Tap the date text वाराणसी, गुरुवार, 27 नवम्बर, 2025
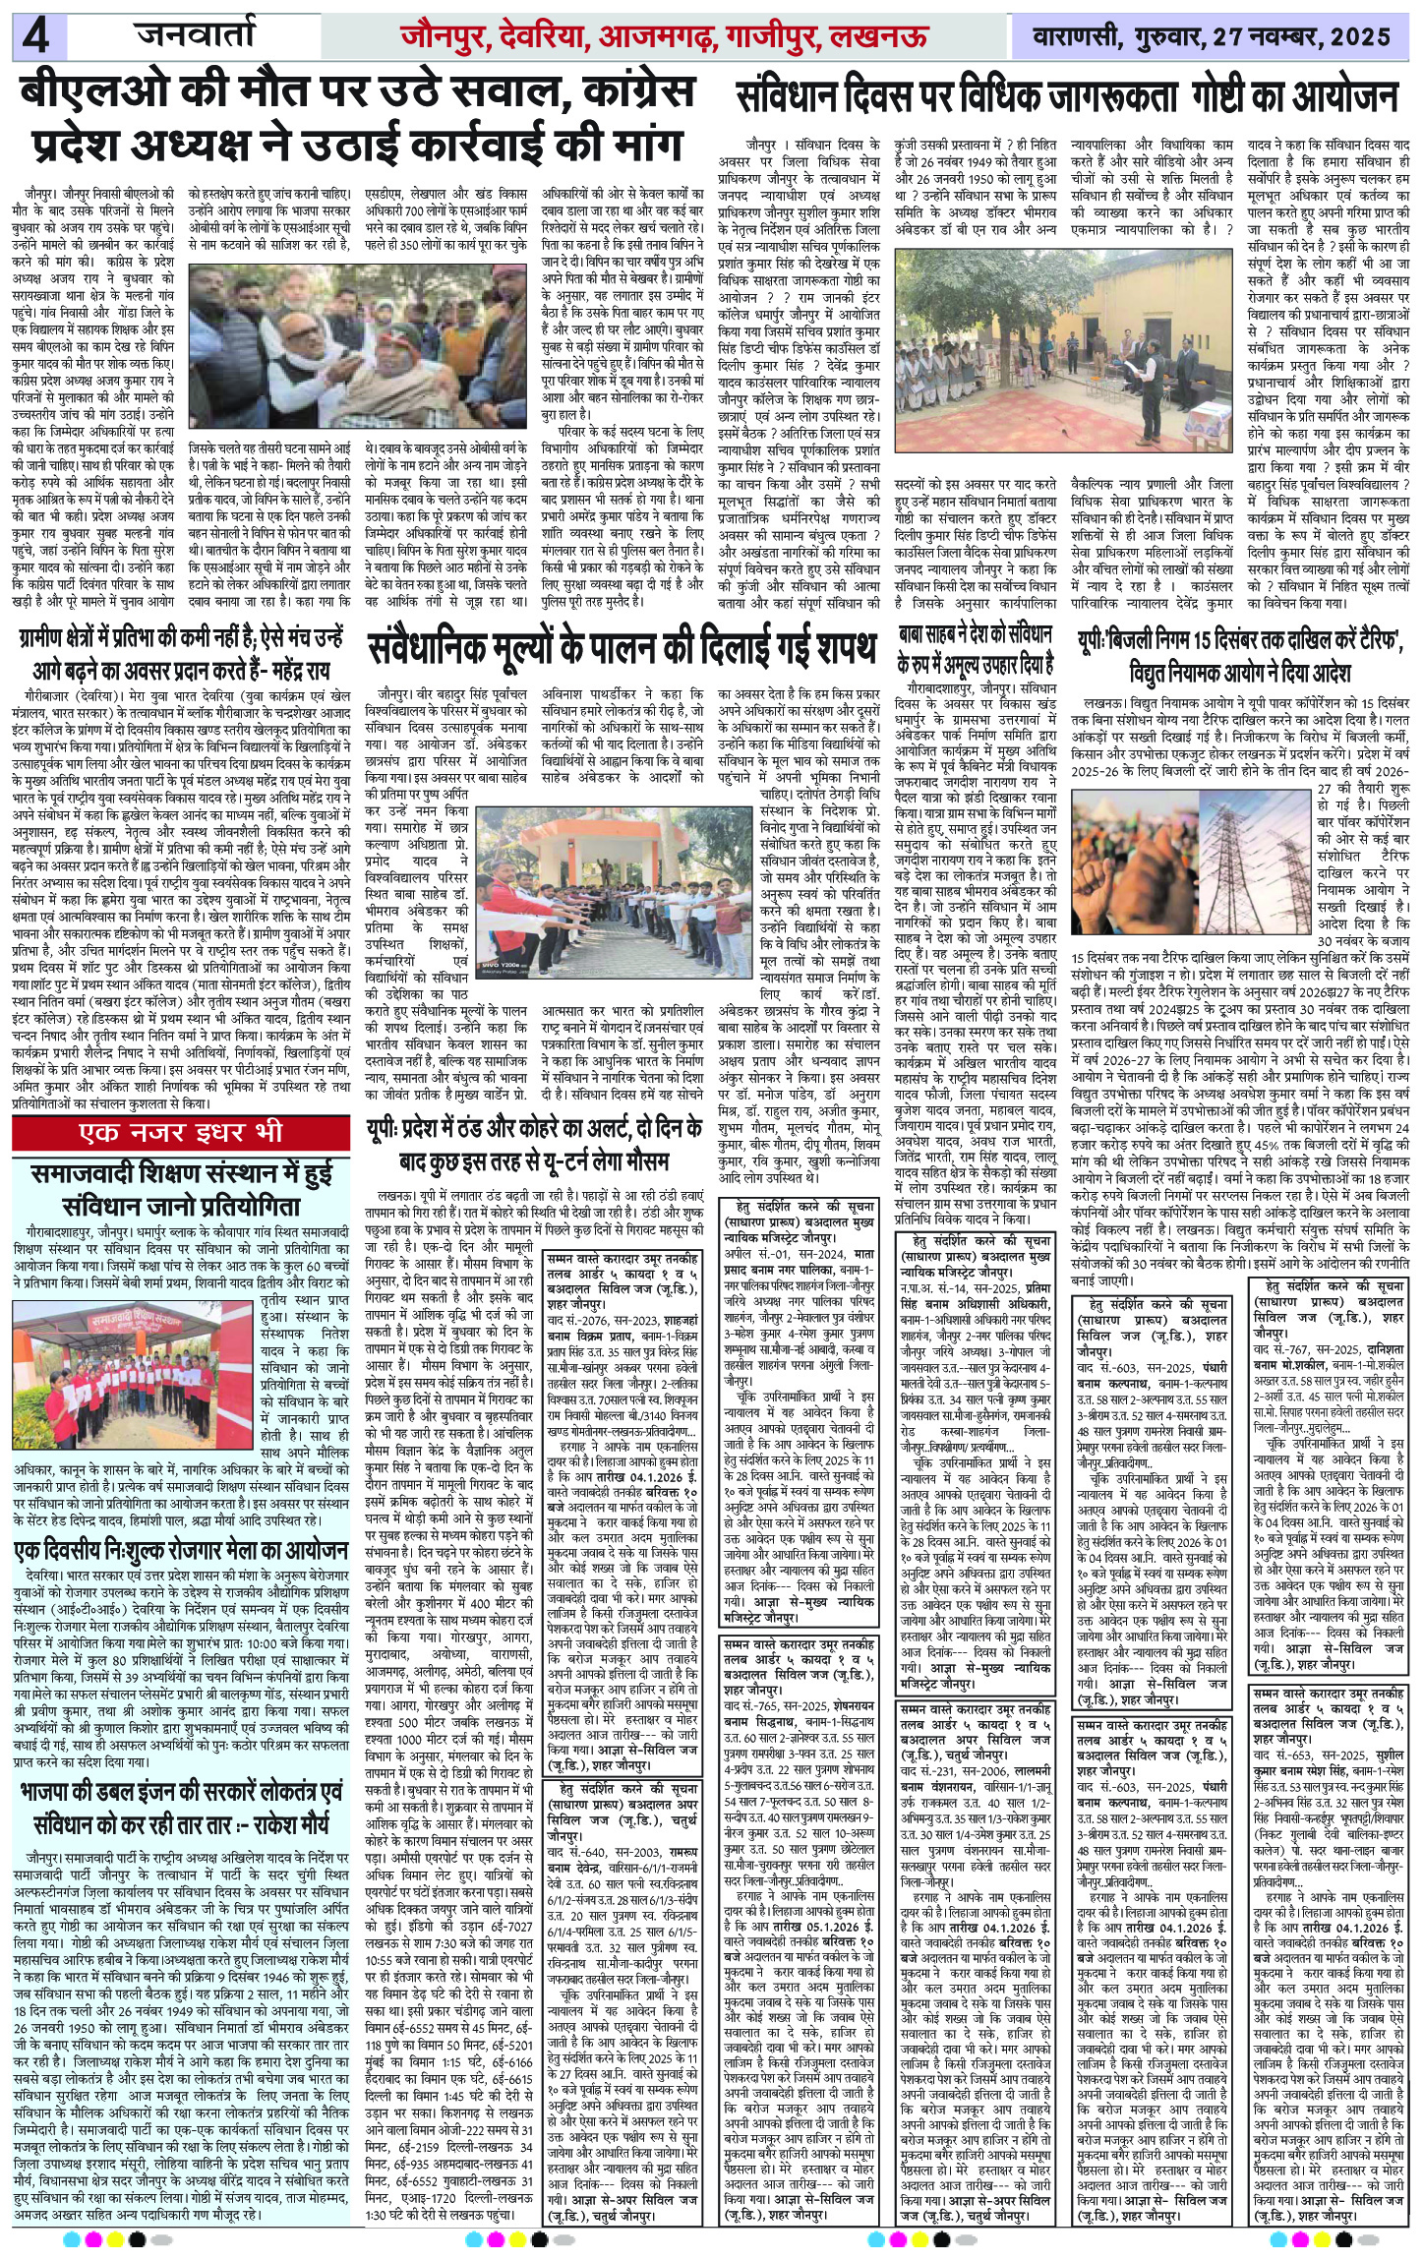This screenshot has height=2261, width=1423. pyautogui.click(x=1213, y=38)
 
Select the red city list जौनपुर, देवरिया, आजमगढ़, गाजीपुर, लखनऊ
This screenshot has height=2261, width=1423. pyautogui.click(x=664, y=38)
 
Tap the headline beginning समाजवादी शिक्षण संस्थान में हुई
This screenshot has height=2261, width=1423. pyautogui.click(x=181, y=1189)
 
